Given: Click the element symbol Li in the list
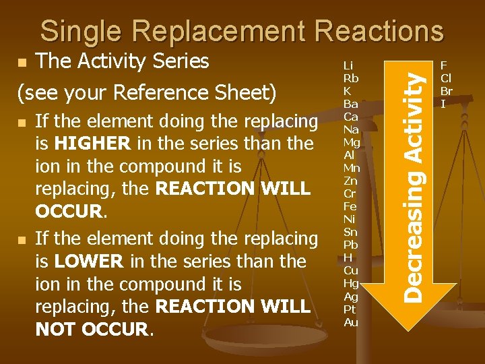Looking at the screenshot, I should point(348,65).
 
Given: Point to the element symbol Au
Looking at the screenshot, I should point(351,322).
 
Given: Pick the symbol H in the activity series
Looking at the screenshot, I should point(348,257).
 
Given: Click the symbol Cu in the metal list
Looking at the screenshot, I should point(350,270).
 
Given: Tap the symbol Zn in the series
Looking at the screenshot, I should point(350,181).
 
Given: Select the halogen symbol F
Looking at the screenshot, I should point(443,65).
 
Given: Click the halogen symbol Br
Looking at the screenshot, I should point(446,91).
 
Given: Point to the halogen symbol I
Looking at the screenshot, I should point(443,104).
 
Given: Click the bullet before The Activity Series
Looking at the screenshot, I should point(22,63).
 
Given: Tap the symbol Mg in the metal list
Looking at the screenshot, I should point(352,142).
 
